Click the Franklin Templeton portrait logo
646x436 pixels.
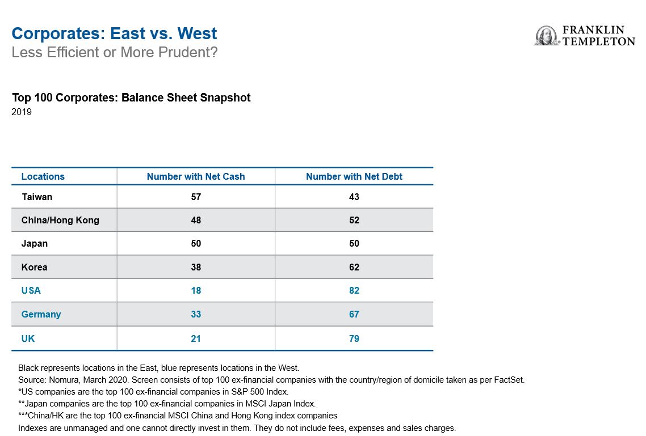click(547, 35)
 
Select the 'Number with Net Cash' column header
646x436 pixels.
click(196, 176)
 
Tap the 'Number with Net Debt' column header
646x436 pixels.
click(354, 176)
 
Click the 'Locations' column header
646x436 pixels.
click(43, 176)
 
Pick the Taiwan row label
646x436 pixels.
click(37, 197)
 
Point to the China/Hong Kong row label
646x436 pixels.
click(60, 221)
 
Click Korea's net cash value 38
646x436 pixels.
click(196, 268)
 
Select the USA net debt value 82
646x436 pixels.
click(354, 290)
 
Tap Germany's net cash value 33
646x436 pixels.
click(196, 314)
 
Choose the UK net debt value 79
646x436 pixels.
click(354, 338)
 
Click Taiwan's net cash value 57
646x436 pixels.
click(196, 197)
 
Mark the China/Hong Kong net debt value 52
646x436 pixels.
click(354, 221)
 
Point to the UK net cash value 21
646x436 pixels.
click(196, 338)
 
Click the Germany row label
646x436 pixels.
click(41, 315)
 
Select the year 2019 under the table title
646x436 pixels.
click(22, 112)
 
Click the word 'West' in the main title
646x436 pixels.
click(198, 33)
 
